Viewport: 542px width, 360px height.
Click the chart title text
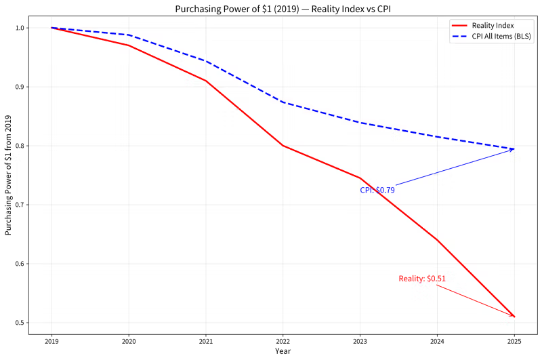283,9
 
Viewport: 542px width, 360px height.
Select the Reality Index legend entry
482,26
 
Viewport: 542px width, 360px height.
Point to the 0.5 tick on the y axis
20,323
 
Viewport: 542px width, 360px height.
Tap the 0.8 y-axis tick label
20,146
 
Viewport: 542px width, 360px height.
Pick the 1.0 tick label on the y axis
20,28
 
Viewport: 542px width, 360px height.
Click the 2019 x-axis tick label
52,342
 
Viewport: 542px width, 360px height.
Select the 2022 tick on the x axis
283,342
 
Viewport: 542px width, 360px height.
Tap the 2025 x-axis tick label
514,342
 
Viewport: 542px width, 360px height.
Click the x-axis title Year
283,351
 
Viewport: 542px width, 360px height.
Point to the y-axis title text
8,176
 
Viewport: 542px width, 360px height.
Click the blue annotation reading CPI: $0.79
377,191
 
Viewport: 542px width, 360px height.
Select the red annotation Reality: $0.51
422,279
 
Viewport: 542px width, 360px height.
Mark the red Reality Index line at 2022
283,146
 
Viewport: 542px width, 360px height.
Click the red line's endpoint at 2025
514,317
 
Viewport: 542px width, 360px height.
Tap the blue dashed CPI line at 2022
283,102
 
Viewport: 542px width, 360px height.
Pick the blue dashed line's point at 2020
129,35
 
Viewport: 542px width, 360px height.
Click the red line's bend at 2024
437,240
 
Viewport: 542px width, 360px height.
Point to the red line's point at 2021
206,81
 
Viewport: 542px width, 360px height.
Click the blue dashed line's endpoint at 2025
514,149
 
